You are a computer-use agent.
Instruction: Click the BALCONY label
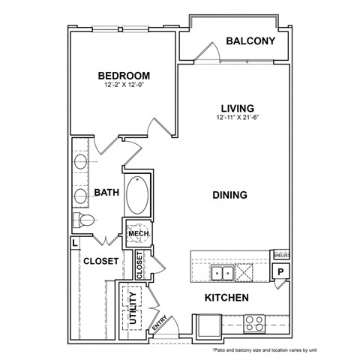[x=250, y=42]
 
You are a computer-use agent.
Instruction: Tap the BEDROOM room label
[x=124, y=76]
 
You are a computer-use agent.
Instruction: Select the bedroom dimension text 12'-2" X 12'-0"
[x=124, y=85]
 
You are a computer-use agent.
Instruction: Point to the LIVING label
[x=232, y=107]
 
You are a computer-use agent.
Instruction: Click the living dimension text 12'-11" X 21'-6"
[x=232, y=117]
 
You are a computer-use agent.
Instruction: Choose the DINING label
[x=229, y=195]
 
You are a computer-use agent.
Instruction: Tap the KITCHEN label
[x=226, y=298]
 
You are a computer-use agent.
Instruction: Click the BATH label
[x=106, y=193]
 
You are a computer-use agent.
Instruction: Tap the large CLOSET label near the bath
[x=100, y=261]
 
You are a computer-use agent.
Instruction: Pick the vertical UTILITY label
[x=133, y=308]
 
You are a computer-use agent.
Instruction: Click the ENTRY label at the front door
[x=159, y=324]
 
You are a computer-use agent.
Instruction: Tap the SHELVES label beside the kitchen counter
[x=280, y=255]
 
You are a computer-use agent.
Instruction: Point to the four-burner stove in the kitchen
[x=254, y=325]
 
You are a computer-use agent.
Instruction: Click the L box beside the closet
[x=75, y=243]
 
